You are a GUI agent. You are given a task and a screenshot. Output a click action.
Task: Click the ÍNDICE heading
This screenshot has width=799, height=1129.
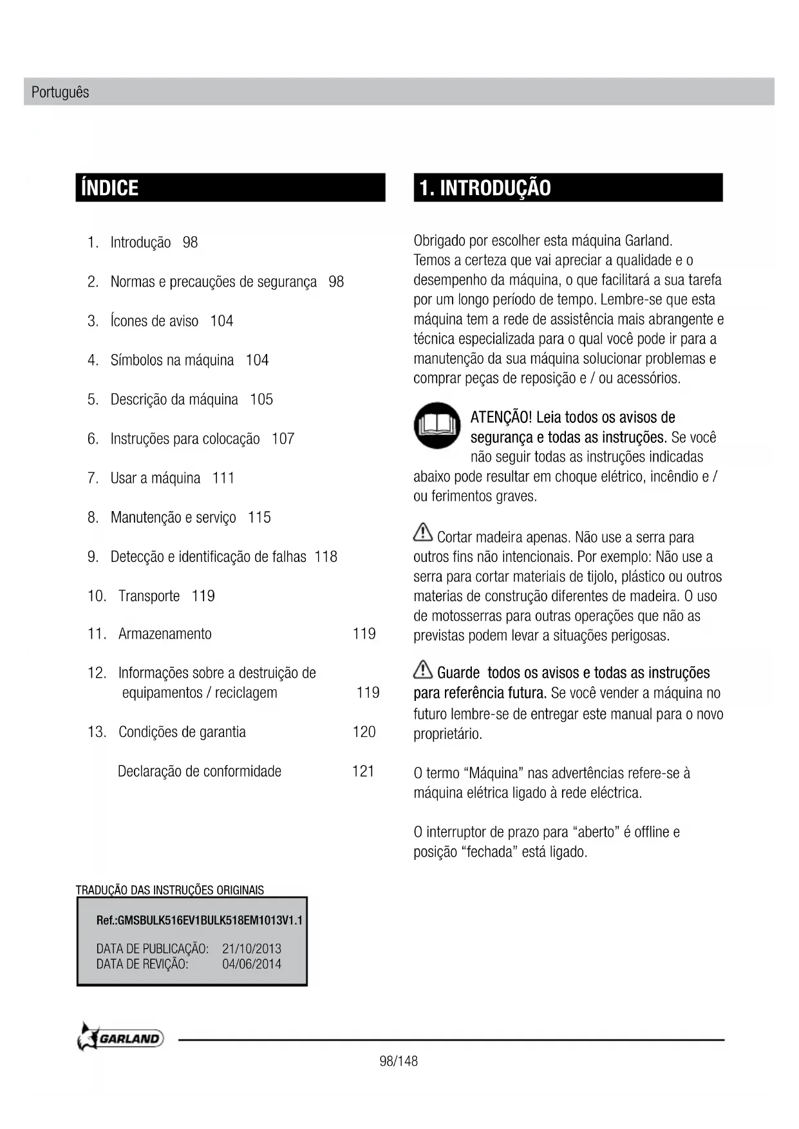pos(110,188)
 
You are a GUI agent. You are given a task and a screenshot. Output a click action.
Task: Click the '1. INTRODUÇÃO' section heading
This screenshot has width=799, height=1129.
pos(485,188)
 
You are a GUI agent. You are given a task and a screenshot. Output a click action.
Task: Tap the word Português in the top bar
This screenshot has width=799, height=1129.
pos(60,92)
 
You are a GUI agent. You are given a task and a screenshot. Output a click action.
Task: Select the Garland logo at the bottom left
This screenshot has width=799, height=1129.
pos(120,1038)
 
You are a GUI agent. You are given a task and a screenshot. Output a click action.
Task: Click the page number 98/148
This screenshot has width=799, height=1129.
pos(399,1061)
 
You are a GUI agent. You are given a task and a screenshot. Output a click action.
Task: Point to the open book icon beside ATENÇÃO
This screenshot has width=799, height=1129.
pos(437,425)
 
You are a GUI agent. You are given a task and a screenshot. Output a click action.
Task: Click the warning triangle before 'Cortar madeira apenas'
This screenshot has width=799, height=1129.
pos(423,533)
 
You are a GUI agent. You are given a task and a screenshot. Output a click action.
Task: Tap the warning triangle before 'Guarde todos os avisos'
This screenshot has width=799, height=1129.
pos(423,669)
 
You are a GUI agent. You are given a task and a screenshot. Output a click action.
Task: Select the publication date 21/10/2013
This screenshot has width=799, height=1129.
pos(252,949)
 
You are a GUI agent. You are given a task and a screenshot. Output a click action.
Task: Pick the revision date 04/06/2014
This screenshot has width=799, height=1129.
pos(252,964)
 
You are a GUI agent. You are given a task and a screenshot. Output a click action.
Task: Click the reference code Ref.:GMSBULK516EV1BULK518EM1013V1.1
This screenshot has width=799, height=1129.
pos(199,920)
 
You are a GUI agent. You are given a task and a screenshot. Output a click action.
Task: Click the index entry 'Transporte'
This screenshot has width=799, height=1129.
pos(149,596)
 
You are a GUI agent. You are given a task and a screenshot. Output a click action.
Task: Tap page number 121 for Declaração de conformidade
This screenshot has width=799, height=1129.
pos(363,771)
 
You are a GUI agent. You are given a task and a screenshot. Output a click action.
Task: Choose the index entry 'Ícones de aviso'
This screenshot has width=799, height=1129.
pos(155,321)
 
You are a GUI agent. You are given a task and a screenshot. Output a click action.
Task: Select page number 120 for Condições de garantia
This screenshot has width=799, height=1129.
pos(364,732)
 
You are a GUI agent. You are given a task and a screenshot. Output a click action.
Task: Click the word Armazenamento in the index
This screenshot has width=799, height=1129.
pos(165,634)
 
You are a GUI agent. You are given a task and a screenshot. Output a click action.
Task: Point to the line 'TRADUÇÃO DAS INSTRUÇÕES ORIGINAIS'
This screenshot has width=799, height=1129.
pos(170,890)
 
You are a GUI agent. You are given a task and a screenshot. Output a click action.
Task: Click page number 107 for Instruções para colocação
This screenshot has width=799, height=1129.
pos(283,439)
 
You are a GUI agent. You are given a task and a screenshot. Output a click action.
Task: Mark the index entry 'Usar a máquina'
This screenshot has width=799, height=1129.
pos(155,478)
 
